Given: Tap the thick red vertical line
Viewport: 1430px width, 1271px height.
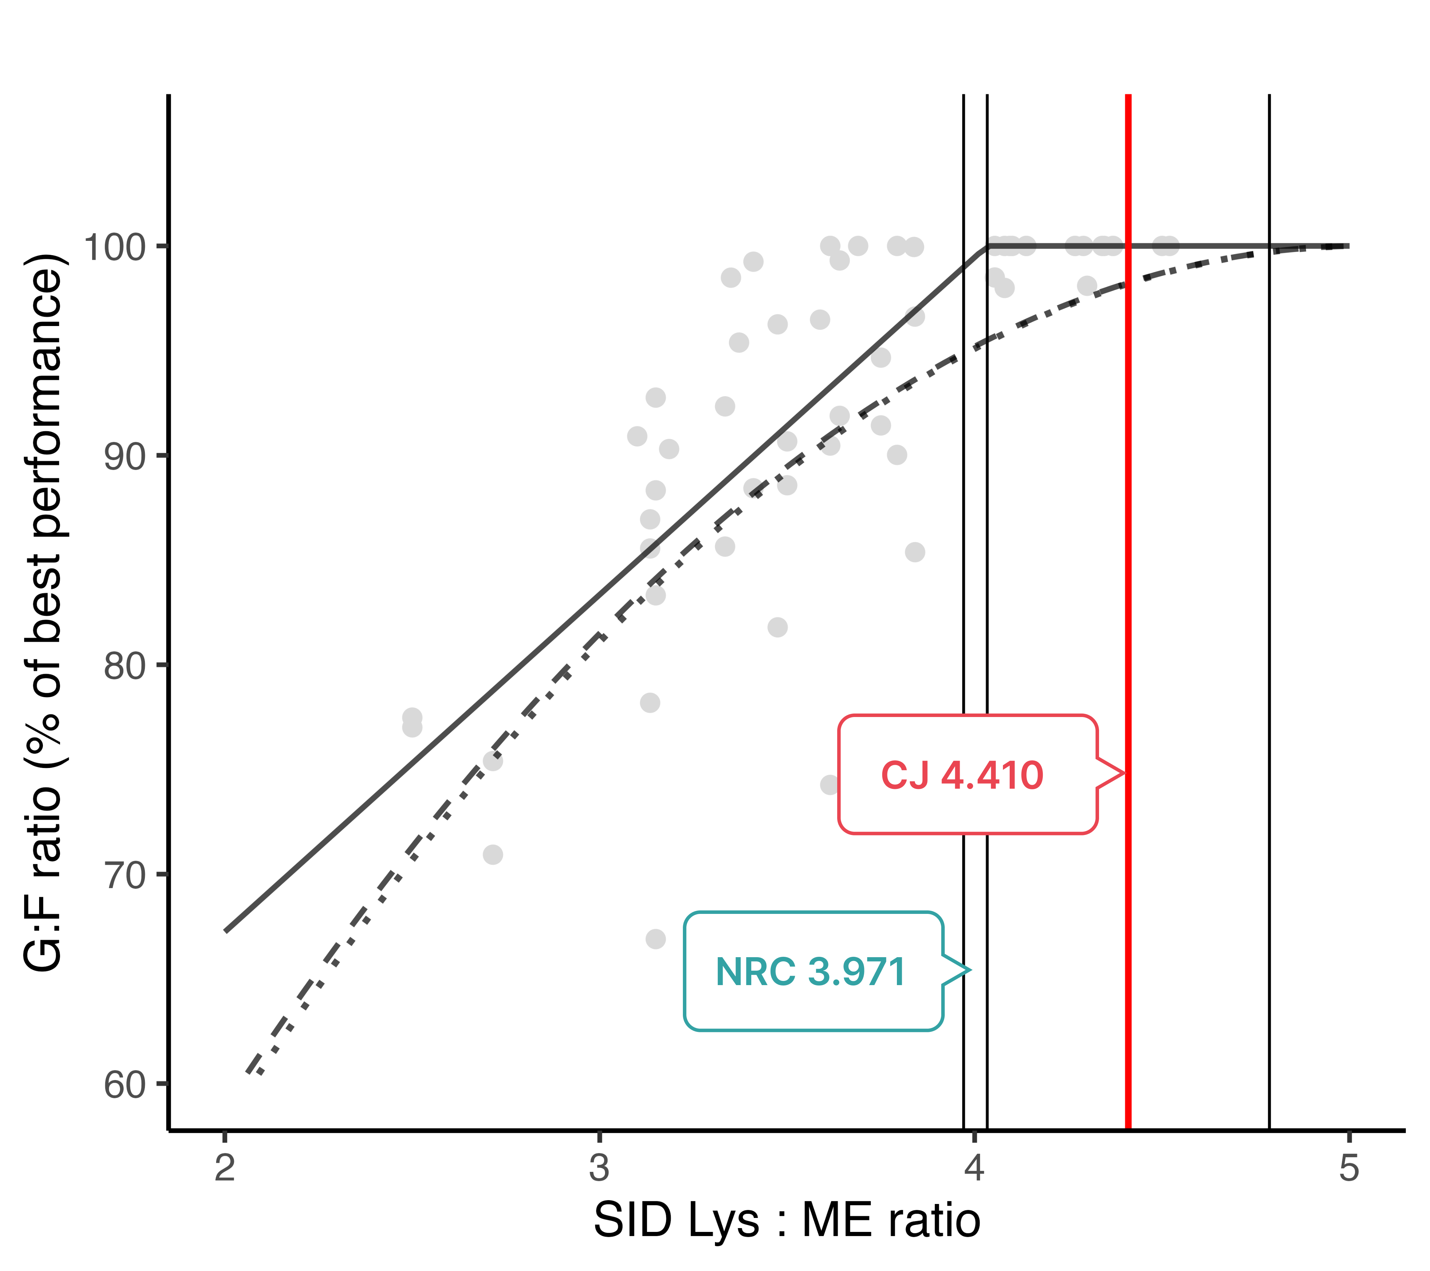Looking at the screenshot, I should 1128,490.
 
